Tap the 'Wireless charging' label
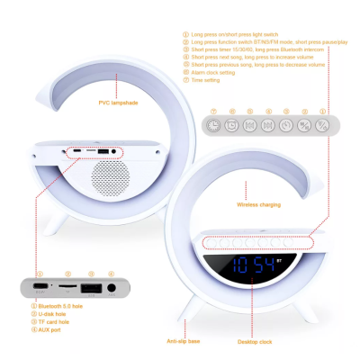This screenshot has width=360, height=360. [x=258, y=204]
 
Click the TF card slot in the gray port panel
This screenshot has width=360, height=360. [x=66, y=288]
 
